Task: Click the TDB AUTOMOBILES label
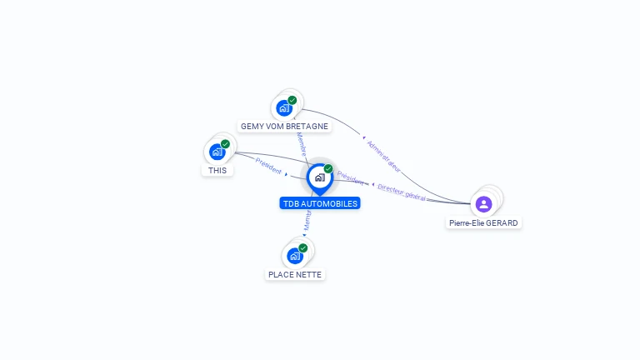pos(321,203)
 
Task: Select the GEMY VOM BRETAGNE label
pos(284,127)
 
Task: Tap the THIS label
pos(217,170)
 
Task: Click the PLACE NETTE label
pos(294,274)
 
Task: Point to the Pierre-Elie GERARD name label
pos(484,223)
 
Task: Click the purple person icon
pos(483,203)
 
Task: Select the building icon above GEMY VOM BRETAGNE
pos(284,107)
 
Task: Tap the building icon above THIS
pos(217,152)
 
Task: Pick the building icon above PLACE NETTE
pos(294,256)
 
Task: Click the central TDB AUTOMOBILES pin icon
pos(319,177)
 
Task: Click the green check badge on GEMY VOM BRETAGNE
pos(292,100)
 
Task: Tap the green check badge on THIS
pos(225,144)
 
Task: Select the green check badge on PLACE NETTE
pos(302,248)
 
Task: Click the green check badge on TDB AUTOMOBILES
pos(328,169)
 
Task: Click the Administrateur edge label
pos(383,156)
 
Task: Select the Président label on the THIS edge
pos(269,165)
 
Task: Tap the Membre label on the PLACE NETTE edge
pos(307,220)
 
